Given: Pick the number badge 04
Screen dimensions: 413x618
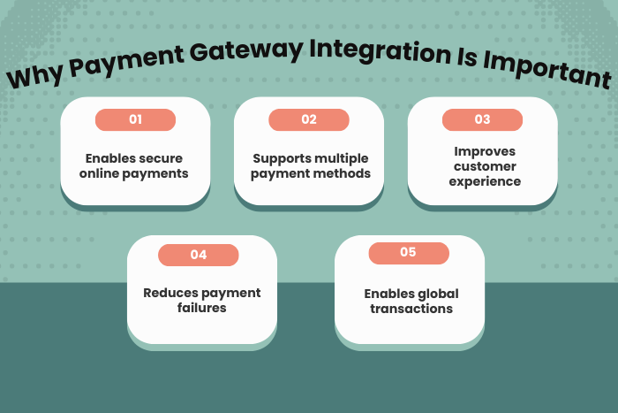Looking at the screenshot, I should [x=199, y=255].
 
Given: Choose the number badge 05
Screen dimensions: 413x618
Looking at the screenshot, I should [x=408, y=253].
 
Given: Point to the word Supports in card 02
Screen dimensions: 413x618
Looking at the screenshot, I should [x=280, y=158].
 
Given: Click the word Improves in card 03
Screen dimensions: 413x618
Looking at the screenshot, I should [x=482, y=151].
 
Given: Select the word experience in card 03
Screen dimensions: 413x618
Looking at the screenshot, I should [x=482, y=181].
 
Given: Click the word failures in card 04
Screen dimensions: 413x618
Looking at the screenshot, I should [x=202, y=308].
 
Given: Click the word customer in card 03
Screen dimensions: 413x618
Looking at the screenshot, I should [x=482, y=166].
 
